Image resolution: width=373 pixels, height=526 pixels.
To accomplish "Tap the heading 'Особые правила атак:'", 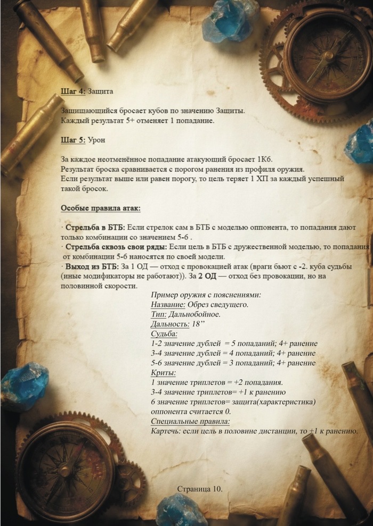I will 100,207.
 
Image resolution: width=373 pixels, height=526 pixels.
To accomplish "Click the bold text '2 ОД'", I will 209,275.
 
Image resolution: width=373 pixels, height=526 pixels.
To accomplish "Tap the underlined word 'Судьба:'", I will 164,333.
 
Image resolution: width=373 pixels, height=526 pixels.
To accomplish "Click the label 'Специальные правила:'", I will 190,421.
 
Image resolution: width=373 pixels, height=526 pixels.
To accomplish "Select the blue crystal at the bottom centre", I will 181,510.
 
